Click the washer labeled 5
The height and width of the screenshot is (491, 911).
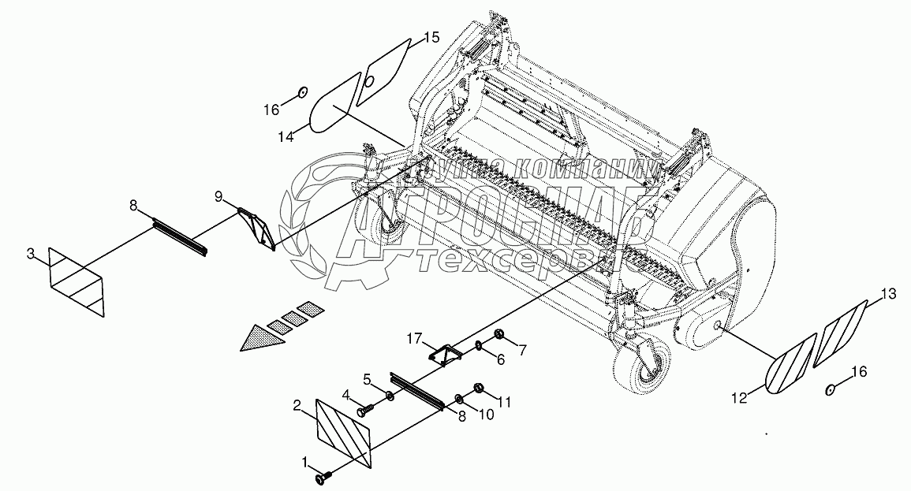391,394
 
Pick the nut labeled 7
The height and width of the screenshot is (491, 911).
499,337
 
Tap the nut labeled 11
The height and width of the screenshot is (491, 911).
478,388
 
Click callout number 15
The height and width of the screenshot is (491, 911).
431,37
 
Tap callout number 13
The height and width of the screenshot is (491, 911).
888,294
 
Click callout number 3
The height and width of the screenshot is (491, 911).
30,253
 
